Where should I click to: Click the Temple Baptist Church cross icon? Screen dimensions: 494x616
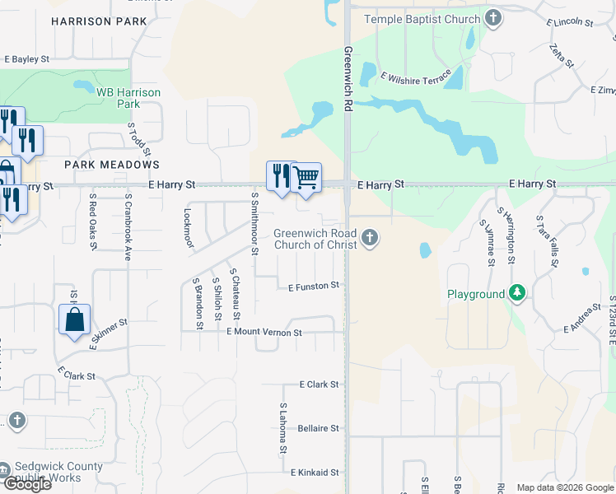point(492,18)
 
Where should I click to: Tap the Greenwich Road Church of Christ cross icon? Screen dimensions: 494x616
point(371,239)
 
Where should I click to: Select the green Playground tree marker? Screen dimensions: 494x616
point(516,293)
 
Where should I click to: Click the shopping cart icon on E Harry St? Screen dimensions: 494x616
point(306,176)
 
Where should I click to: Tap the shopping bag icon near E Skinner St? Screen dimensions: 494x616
point(74,319)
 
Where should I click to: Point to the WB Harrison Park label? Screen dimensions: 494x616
point(128,98)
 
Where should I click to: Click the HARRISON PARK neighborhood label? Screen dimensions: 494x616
point(98,21)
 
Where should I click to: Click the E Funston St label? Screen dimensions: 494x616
point(314,286)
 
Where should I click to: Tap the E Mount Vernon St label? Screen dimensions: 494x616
point(264,332)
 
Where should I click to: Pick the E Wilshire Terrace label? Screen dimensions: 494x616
point(416,78)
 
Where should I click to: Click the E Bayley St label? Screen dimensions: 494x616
point(27,59)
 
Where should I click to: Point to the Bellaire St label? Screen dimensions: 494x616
point(319,428)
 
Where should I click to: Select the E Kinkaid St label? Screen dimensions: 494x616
point(315,473)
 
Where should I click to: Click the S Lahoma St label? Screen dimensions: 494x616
point(282,428)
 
